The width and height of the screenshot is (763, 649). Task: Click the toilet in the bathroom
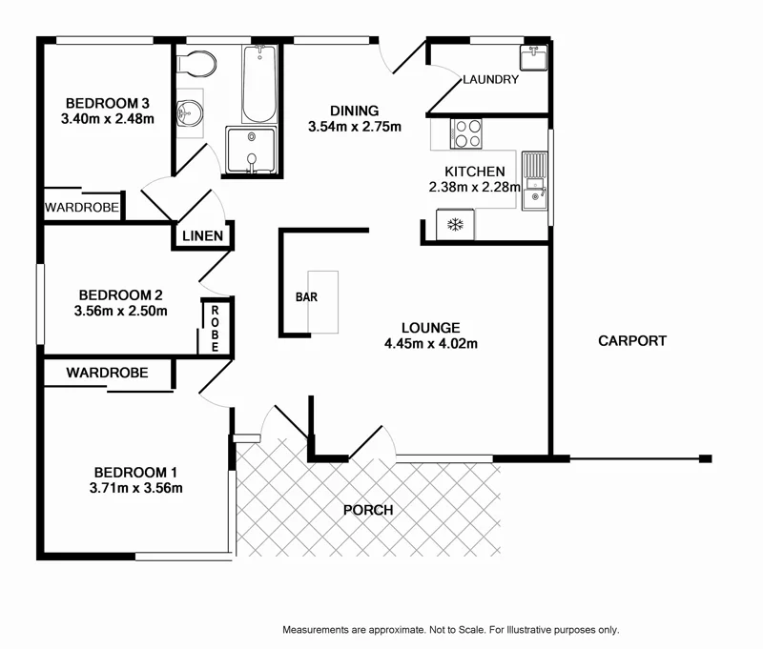tap(198, 65)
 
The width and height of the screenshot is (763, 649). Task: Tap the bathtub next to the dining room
tap(258, 85)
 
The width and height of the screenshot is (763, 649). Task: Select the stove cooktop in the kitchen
tap(465, 132)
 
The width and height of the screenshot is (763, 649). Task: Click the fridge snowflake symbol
tap(455, 226)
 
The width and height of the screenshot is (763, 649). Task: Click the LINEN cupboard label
tap(203, 235)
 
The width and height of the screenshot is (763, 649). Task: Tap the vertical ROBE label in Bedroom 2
tap(216, 329)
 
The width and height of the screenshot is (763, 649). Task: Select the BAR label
tap(306, 297)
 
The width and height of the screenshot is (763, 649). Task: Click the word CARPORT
tap(631, 340)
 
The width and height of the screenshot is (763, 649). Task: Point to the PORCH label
tap(368, 510)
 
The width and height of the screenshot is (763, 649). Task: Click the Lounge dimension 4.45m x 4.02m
tap(431, 344)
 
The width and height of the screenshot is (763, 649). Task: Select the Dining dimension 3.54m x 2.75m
tap(355, 127)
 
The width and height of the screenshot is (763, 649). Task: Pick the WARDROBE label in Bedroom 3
tap(82, 207)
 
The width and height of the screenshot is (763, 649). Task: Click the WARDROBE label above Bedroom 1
tap(107, 374)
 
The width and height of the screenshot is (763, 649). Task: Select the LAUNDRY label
tap(490, 80)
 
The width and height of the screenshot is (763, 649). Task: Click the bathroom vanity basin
tap(191, 114)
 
